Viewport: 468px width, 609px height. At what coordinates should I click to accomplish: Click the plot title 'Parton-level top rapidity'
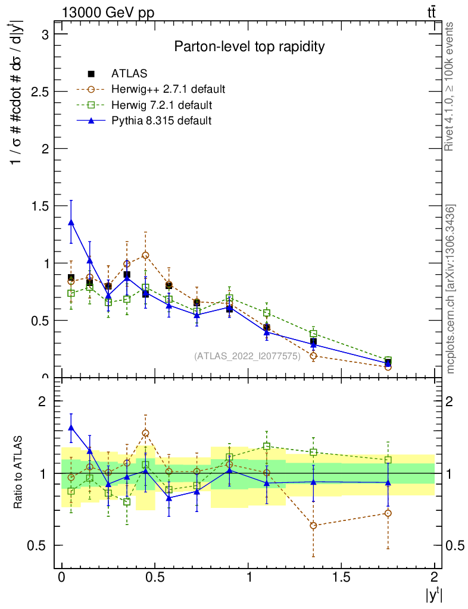(x=249, y=47)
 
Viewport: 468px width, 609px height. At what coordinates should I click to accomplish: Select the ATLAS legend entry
(x=129, y=74)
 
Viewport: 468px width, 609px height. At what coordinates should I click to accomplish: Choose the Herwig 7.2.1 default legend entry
(x=161, y=105)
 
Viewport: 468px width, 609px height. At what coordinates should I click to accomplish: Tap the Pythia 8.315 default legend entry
(x=161, y=121)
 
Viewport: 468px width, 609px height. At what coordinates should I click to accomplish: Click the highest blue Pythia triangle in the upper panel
(x=71, y=222)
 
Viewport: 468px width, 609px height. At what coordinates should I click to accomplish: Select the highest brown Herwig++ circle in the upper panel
(x=145, y=255)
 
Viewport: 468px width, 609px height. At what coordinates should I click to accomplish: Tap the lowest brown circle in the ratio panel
(x=313, y=526)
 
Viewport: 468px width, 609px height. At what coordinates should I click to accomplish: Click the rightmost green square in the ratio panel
(x=388, y=460)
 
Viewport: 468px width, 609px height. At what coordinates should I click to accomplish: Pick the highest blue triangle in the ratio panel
(x=71, y=428)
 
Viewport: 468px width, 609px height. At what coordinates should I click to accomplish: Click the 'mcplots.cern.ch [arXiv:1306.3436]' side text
(x=451, y=289)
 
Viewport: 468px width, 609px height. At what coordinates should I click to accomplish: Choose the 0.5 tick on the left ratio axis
(x=43, y=545)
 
